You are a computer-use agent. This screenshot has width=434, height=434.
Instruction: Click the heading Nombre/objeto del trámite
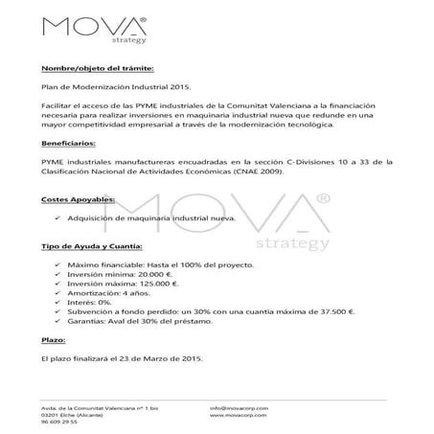tap(96, 67)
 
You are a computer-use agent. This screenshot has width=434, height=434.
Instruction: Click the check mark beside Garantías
tap(60, 323)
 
